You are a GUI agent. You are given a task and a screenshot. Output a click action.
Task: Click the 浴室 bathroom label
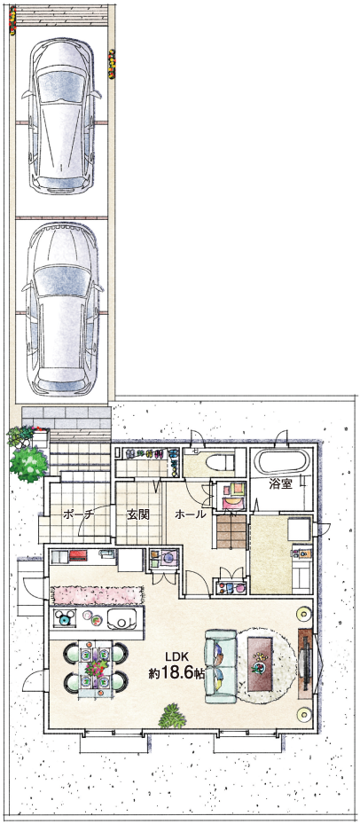[280, 484]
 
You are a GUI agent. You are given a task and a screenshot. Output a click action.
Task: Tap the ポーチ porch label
[77, 514]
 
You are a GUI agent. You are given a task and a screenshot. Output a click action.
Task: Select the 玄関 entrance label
[138, 514]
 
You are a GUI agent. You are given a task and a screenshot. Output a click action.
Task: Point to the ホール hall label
[190, 514]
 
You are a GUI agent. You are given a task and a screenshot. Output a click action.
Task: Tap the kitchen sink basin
[123, 620]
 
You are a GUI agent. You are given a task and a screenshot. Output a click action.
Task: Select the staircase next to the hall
[231, 531]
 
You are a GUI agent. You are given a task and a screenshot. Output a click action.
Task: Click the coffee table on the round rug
[259, 663]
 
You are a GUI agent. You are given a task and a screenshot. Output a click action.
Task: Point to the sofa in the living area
[220, 666]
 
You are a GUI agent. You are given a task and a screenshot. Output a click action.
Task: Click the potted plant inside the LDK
[172, 716]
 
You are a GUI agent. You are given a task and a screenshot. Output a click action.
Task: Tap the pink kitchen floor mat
[98, 595]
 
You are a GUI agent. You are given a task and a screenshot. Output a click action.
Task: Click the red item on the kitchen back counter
[78, 554]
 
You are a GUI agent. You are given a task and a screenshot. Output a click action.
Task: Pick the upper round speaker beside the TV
[302, 613]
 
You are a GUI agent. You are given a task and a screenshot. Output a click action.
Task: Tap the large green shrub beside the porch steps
[28, 464]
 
